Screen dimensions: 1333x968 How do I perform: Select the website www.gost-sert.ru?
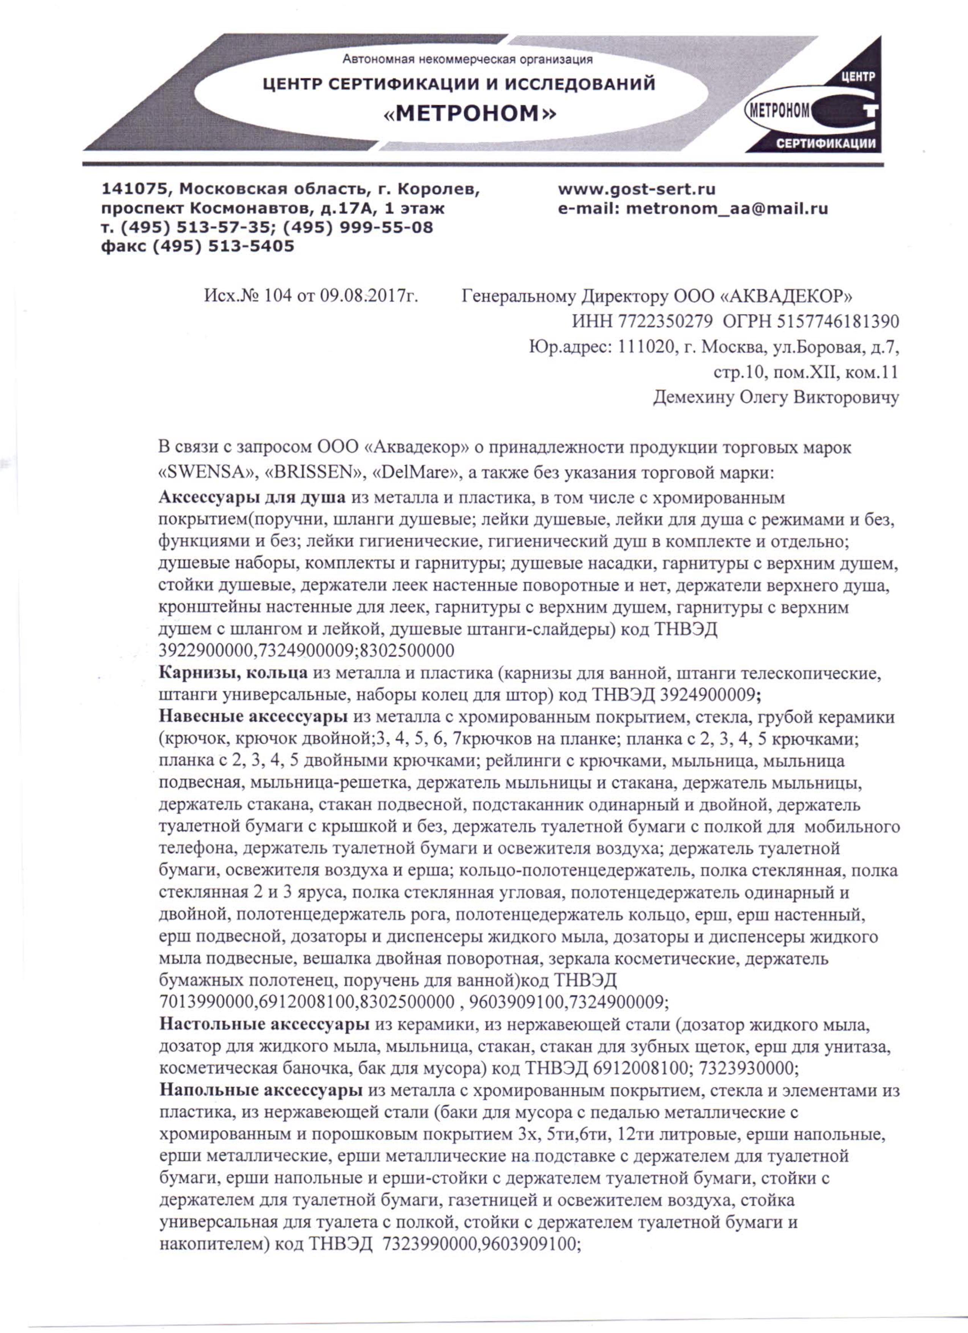click(x=637, y=189)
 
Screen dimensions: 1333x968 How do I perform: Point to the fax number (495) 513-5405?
click(x=223, y=246)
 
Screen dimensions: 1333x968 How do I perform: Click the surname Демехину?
click(x=690, y=398)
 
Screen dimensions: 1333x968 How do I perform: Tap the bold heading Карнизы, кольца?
click(x=233, y=672)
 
